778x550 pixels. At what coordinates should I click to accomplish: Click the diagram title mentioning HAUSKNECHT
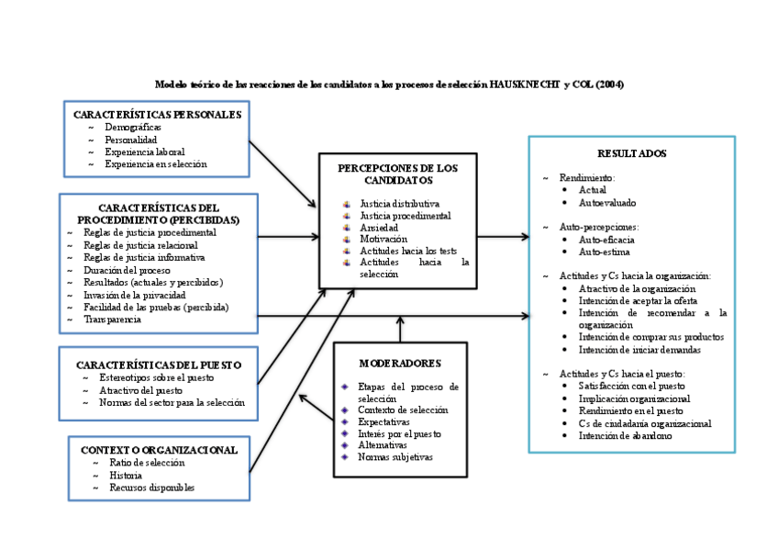[389, 84]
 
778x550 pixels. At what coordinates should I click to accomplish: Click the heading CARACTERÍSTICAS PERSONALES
[157, 115]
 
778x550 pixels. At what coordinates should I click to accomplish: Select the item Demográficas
[133, 127]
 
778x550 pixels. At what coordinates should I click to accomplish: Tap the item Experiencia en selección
[155, 163]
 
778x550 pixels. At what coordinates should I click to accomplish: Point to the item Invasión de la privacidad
[134, 295]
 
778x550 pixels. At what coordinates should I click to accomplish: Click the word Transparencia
[112, 320]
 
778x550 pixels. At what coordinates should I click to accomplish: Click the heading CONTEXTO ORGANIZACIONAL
[159, 450]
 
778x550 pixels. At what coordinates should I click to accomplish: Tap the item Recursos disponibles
[151, 488]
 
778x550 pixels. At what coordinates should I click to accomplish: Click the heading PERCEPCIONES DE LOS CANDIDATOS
[397, 174]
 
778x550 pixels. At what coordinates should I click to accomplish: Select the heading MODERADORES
[400, 363]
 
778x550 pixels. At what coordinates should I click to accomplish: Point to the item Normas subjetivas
[395, 456]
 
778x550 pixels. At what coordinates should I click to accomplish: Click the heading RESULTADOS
[631, 153]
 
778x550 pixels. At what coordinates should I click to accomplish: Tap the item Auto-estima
[604, 251]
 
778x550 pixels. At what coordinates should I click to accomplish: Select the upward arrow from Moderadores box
[400, 327]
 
